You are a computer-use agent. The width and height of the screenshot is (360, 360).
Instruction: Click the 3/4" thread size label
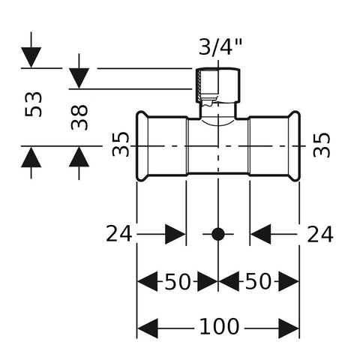[x=220, y=47]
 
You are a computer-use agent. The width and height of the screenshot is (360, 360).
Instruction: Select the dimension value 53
[x=34, y=104]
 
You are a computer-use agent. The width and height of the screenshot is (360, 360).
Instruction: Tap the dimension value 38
[x=79, y=117]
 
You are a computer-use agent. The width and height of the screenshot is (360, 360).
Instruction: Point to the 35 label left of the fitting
[x=121, y=144]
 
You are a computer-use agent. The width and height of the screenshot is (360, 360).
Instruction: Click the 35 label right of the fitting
[x=322, y=145]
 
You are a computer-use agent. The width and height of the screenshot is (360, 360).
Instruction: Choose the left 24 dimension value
[x=118, y=234]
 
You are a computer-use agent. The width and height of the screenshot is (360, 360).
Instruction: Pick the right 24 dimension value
[x=320, y=234]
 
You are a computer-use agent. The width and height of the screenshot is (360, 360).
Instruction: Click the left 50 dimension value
[x=178, y=281]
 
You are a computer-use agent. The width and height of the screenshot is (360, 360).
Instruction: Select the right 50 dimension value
[x=258, y=281]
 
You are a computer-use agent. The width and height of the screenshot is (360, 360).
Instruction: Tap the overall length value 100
[x=219, y=326]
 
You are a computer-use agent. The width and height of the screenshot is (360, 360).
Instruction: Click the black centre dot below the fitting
[x=218, y=234]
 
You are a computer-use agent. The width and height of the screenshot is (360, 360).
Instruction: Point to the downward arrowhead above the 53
[x=31, y=57]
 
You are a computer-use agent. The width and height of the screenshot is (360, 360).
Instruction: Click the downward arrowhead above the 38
[x=79, y=78]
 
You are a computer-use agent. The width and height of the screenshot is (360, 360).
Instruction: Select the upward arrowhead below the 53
[x=31, y=157]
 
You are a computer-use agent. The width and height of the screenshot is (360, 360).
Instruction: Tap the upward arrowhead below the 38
[x=79, y=156]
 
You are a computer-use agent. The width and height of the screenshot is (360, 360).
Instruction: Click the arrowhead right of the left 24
[x=175, y=234]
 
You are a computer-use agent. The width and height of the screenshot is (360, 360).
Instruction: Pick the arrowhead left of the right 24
[x=260, y=234]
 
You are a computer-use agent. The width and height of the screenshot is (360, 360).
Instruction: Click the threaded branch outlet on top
[x=217, y=85]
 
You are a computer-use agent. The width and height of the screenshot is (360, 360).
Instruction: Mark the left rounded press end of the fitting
[x=142, y=146]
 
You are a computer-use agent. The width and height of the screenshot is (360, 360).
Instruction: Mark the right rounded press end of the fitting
[x=294, y=146]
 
